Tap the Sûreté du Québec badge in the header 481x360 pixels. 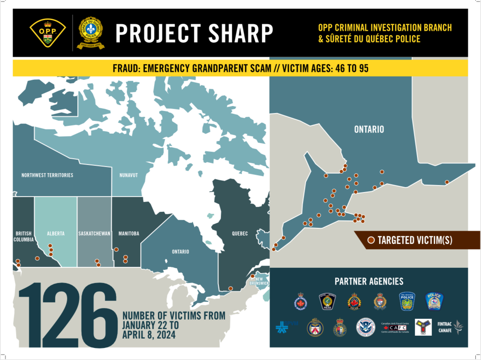91,33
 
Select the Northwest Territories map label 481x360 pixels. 47,175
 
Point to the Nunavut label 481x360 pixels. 129,175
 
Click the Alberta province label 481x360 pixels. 55,234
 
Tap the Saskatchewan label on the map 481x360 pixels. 94,234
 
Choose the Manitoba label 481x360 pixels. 129,234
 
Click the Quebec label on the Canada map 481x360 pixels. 240,234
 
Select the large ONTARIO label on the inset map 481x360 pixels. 369,130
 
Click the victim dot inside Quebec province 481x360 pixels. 230,288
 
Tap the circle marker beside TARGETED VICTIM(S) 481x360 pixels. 371,240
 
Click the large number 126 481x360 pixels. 68,315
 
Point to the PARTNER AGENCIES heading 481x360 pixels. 369,282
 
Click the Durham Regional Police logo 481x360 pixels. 301,302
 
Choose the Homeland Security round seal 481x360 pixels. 365,327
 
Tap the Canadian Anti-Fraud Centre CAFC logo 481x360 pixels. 395,327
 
